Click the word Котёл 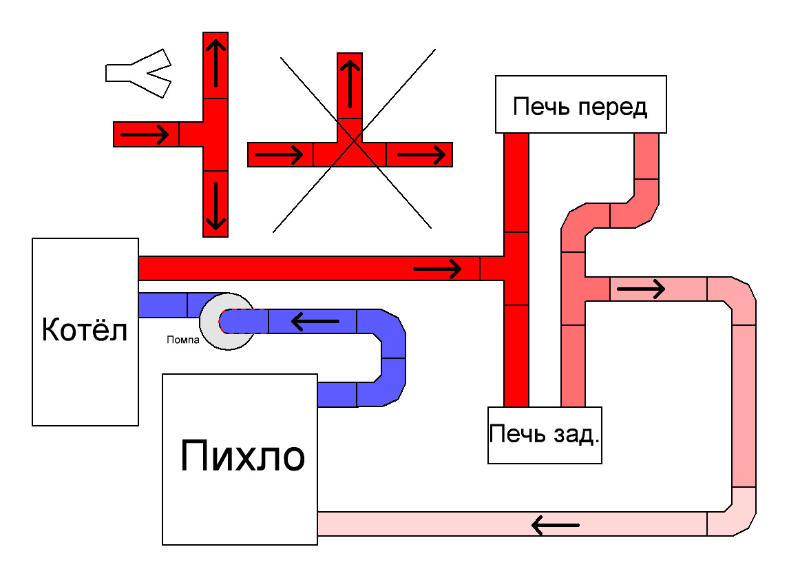(x=85, y=330)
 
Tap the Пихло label (x=242, y=457)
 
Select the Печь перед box (x=581, y=105)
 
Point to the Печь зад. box (x=544, y=435)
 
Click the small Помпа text (x=182, y=339)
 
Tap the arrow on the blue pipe (x=315, y=321)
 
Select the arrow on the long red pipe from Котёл (x=437, y=268)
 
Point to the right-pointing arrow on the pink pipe (x=640, y=289)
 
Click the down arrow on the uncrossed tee (x=215, y=205)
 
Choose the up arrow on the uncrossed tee (x=215, y=64)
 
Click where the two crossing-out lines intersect (x=353, y=141)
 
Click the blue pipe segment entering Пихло (x=337, y=394)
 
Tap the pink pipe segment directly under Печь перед (x=646, y=156)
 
